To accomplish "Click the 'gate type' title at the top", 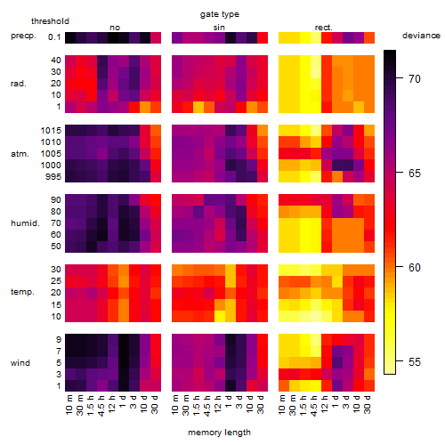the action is click(x=220, y=14).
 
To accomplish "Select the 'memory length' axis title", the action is click(x=219, y=433).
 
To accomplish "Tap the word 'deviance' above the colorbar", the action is click(x=421, y=36).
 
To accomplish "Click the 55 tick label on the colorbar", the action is click(x=415, y=361).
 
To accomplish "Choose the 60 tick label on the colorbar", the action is click(x=415, y=267).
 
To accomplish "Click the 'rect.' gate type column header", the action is click(x=323, y=28).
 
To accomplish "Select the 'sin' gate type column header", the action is click(x=219, y=28).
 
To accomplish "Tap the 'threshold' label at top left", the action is click(x=50, y=21).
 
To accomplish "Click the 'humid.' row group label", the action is click(x=25, y=223).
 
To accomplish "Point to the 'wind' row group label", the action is click(x=20, y=363).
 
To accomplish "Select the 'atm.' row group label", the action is click(x=20, y=154).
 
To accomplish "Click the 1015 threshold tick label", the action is click(x=51, y=130).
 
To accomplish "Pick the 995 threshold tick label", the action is click(x=53, y=177).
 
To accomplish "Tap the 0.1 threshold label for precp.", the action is click(x=54, y=37).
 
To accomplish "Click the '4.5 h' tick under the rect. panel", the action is click(x=314, y=406).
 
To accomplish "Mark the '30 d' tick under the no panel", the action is click(x=154, y=404).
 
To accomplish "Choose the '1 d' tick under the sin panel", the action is click(x=229, y=401).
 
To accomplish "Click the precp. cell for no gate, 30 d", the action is click(x=156, y=37).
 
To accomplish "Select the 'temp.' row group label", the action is click(x=22, y=292).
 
